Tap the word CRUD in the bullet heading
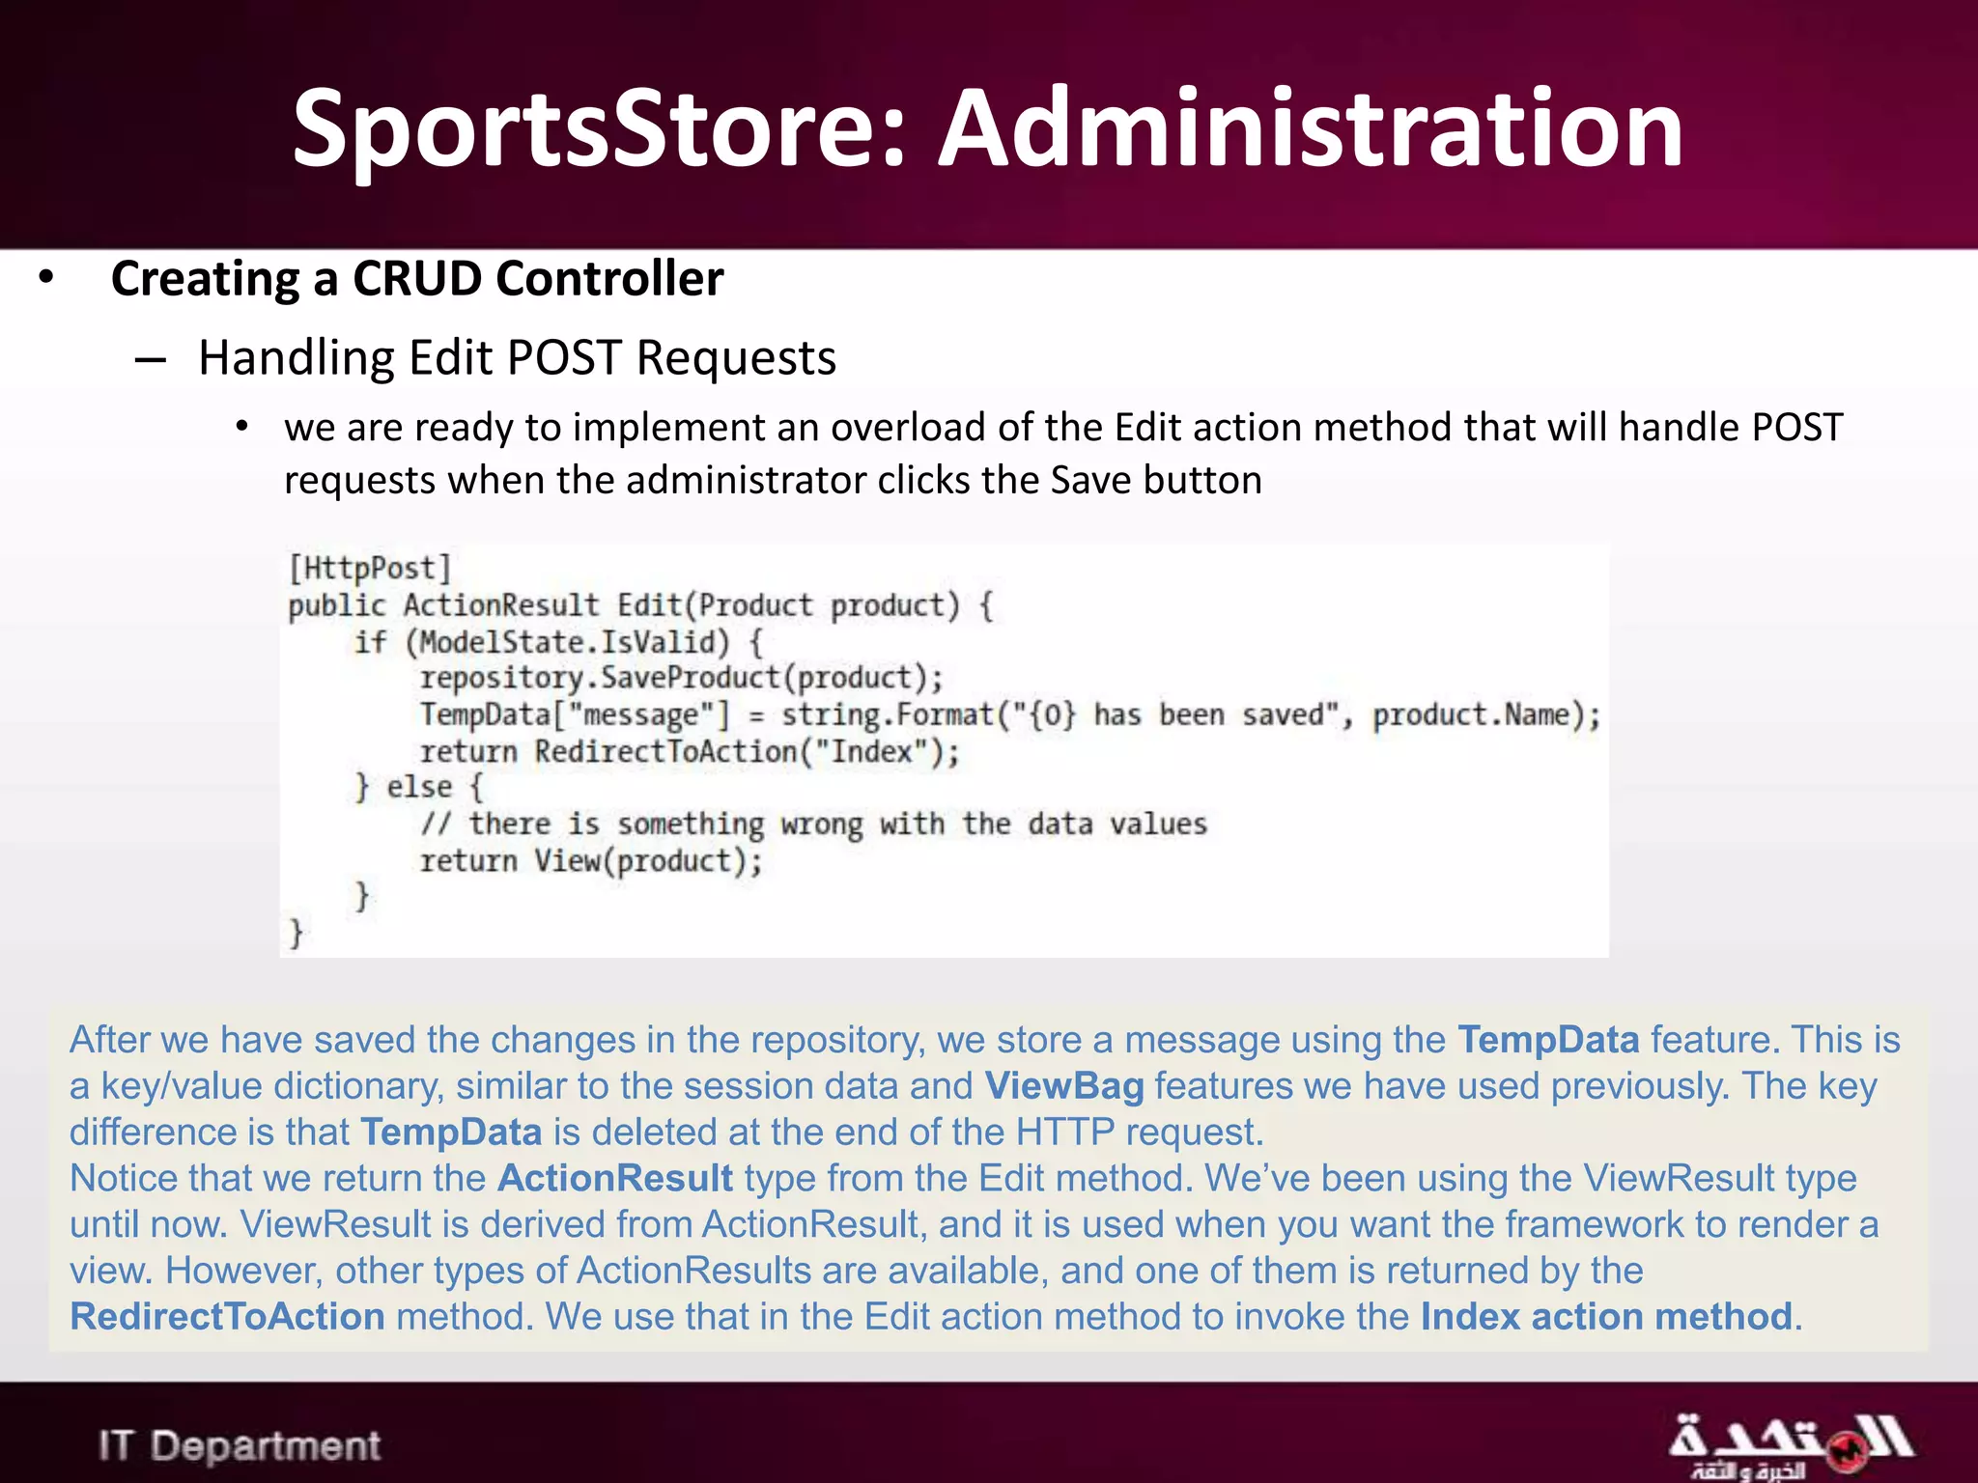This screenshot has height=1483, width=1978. coord(416,279)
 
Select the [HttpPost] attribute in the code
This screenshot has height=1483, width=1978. coord(370,568)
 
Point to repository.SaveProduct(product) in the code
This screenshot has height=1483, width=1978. coord(681,678)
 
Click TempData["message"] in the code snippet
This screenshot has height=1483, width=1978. coord(575,715)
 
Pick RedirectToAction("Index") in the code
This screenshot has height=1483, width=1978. coord(747,751)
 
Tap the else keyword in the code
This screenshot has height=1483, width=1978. coord(419,787)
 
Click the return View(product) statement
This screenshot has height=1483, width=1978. coord(591,860)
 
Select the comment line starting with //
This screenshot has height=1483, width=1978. coord(813,824)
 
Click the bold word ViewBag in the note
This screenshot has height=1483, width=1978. coord(1063,1086)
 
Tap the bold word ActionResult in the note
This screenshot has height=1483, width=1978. coord(615,1178)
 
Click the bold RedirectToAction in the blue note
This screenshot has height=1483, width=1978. coord(228,1317)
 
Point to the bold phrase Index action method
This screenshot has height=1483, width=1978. coord(1606,1317)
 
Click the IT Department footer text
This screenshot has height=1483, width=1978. coord(240,1445)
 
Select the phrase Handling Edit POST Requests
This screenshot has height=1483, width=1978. coord(517,358)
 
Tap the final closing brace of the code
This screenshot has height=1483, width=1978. coord(297,933)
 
